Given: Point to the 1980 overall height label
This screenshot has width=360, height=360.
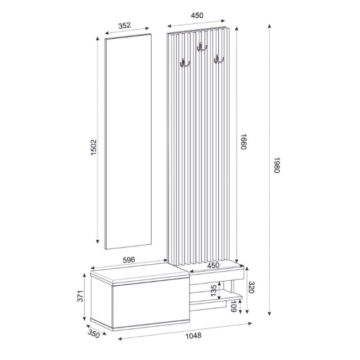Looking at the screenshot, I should [x=277, y=164].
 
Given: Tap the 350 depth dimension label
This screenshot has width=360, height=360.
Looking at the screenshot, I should [x=92, y=334].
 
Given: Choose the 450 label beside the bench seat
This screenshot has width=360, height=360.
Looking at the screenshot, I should [x=213, y=265].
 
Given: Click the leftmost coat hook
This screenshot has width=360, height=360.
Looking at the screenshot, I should [x=183, y=64].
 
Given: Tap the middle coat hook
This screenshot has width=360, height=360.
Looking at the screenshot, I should [x=200, y=49].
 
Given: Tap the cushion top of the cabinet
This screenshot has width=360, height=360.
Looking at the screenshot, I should [x=138, y=270].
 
